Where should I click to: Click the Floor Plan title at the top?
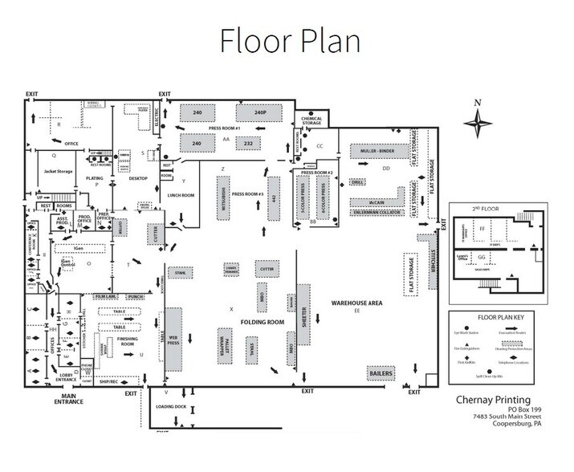[x=286, y=38]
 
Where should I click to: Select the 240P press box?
[x=259, y=114]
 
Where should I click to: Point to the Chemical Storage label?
[x=311, y=121]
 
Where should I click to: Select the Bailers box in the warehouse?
[x=381, y=373]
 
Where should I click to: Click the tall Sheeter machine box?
[x=303, y=319]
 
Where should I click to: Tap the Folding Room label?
[x=264, y=321]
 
